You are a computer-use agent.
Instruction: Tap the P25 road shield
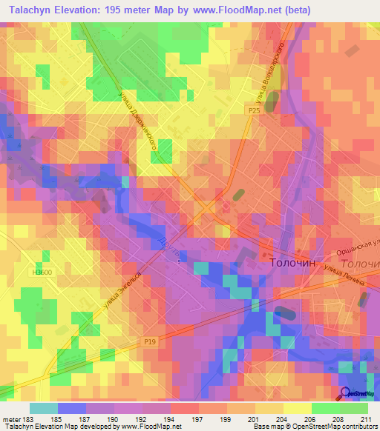255,110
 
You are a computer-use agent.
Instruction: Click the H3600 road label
42,272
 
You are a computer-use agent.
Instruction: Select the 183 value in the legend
30,418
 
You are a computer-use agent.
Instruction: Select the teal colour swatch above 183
44,408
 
